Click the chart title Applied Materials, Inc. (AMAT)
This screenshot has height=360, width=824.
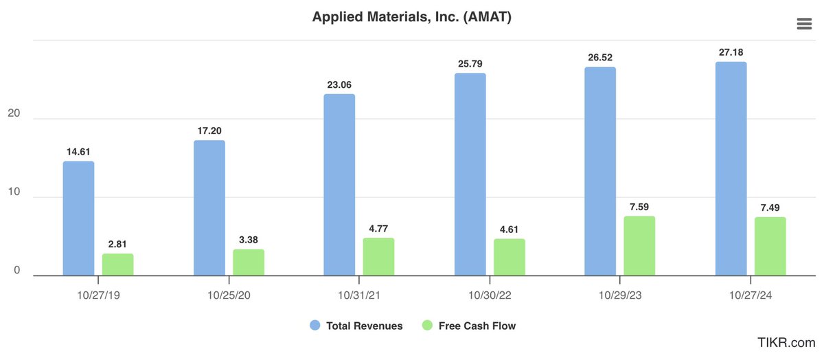[411, 17]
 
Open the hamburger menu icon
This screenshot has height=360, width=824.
[803, 24]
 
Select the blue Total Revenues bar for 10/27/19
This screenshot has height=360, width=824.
[78, 218]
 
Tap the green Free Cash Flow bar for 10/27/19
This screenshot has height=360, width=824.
[117, 265]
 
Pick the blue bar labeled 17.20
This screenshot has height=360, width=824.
[209, 208]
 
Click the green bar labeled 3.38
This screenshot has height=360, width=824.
[248, 262]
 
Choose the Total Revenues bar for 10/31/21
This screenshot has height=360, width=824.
[339, 185]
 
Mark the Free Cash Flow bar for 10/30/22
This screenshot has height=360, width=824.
[509, 257]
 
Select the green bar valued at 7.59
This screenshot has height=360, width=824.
[639, 246]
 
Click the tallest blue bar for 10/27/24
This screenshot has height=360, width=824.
[731, 169]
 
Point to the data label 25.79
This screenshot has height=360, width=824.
[470, 64]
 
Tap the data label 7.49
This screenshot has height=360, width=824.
[770, 207]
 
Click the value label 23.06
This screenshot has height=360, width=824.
[340, 85]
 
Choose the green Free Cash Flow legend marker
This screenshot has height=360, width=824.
[426, 326]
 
